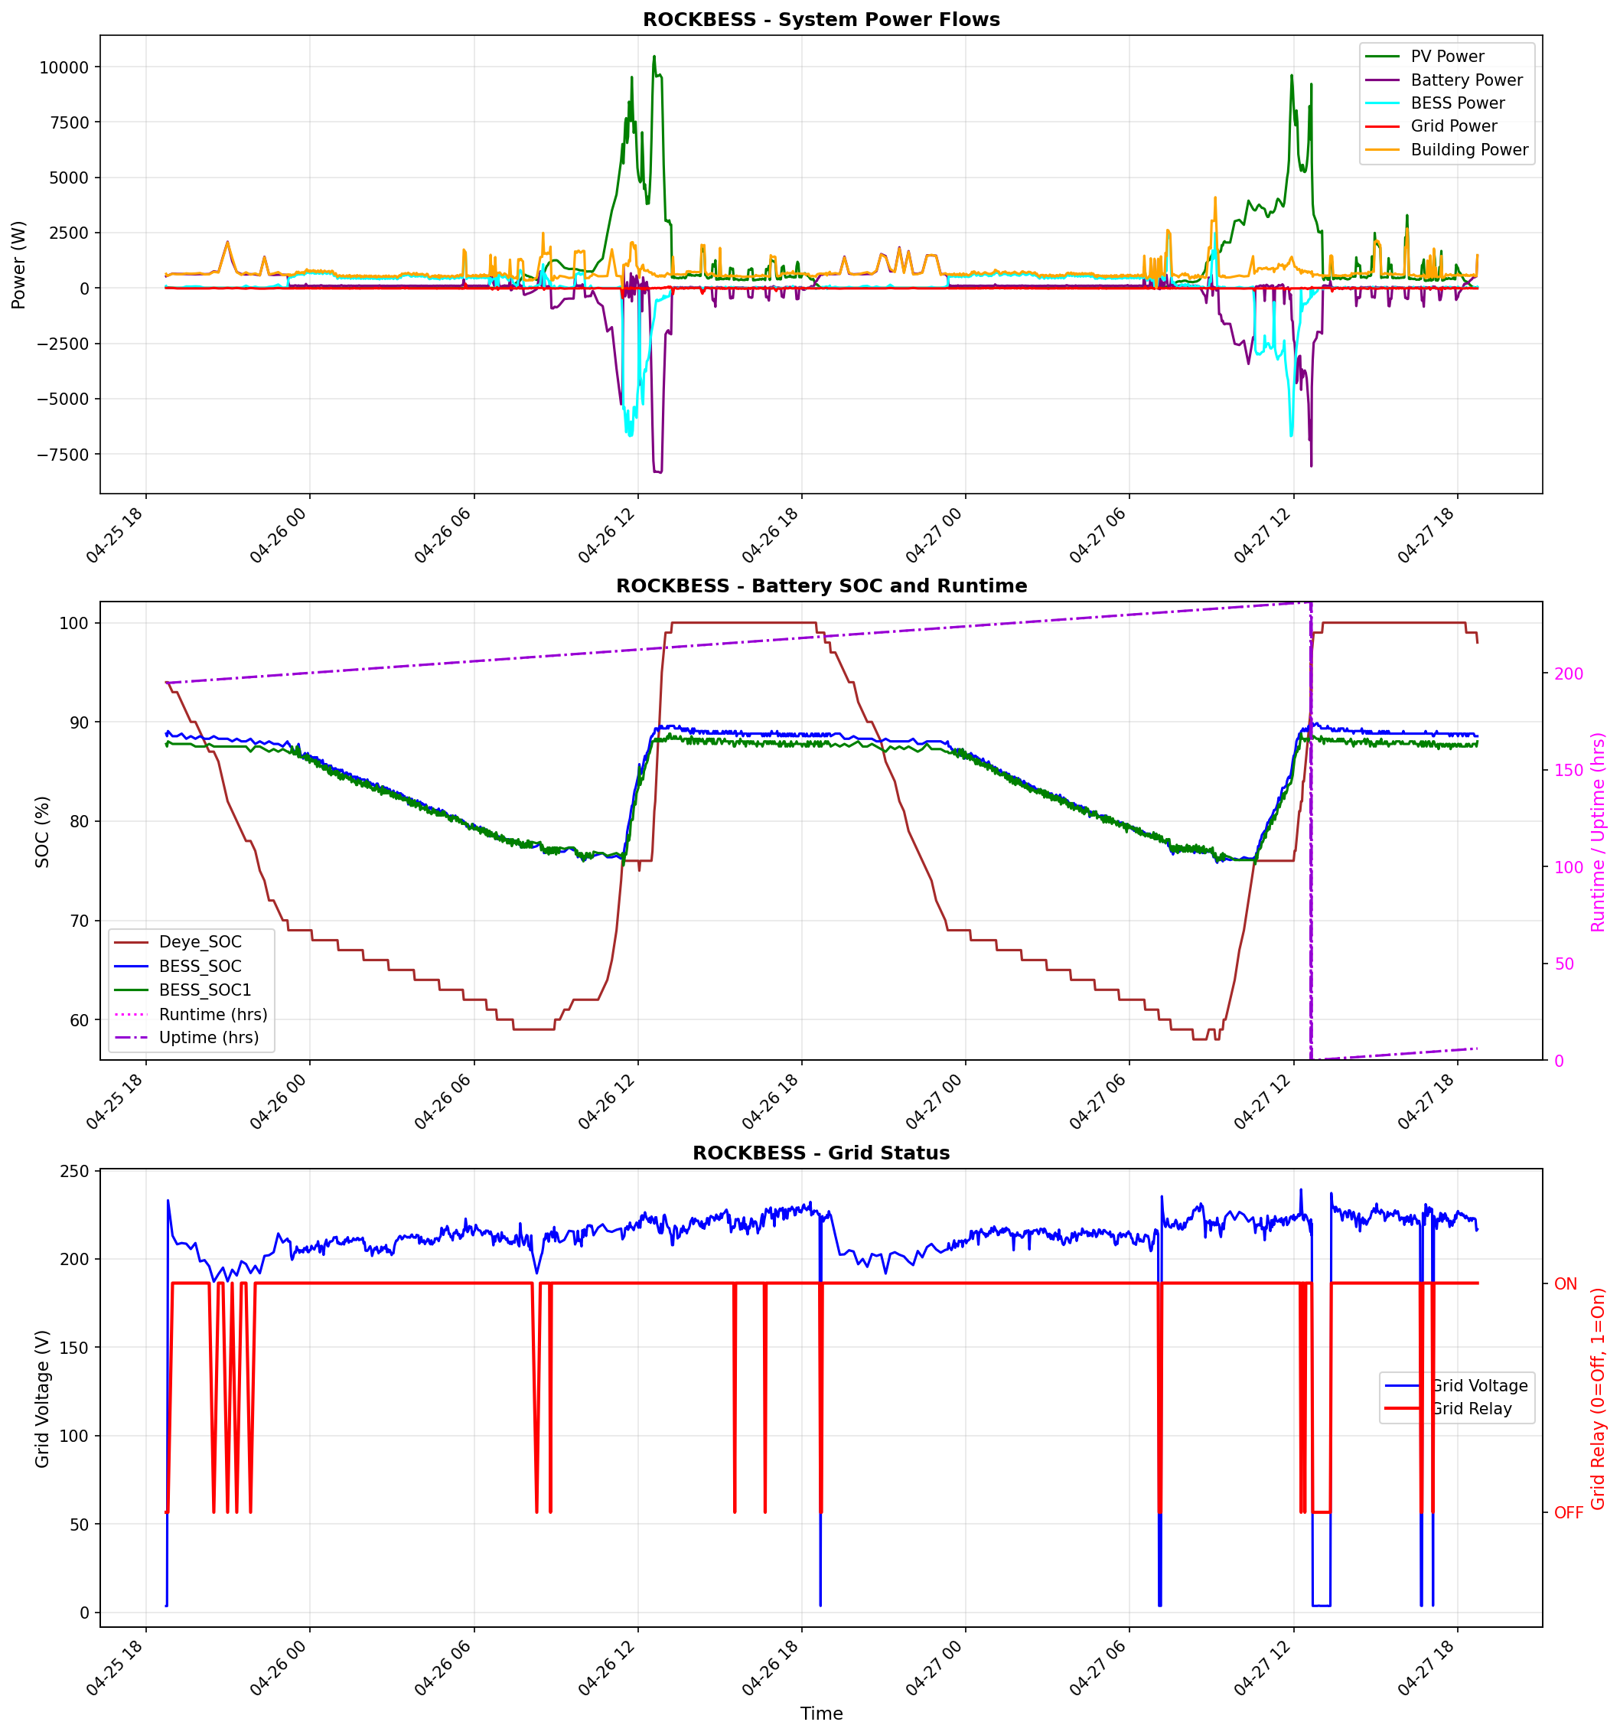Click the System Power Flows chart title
point(820,19)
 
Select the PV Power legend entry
point(1446,56)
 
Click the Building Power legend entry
point(1468,149)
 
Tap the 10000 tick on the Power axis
point(64,67)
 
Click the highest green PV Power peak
point(654,57)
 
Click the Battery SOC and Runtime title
point(820,585)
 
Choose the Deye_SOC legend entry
point(200,941)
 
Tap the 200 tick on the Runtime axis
point(1569,673)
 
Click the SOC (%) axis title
point(42,831)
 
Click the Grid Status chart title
point(820,1152)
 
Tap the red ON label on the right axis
point(1565,1283)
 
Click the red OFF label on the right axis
point(1568,1512)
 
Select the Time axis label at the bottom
point(820,1712)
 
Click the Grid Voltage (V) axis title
point(42,1398)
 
